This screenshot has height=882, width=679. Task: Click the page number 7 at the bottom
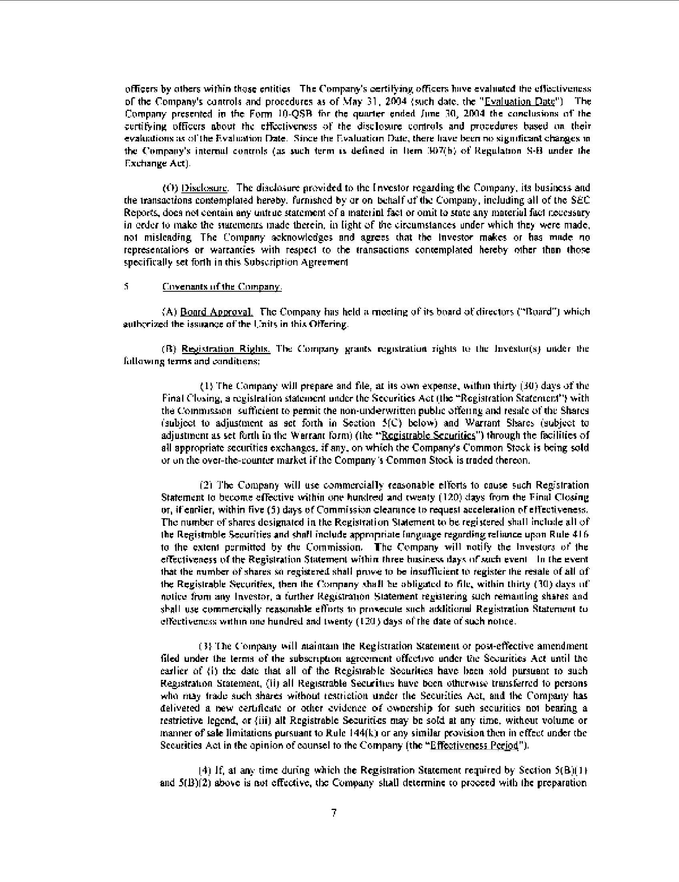click(334, 813)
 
